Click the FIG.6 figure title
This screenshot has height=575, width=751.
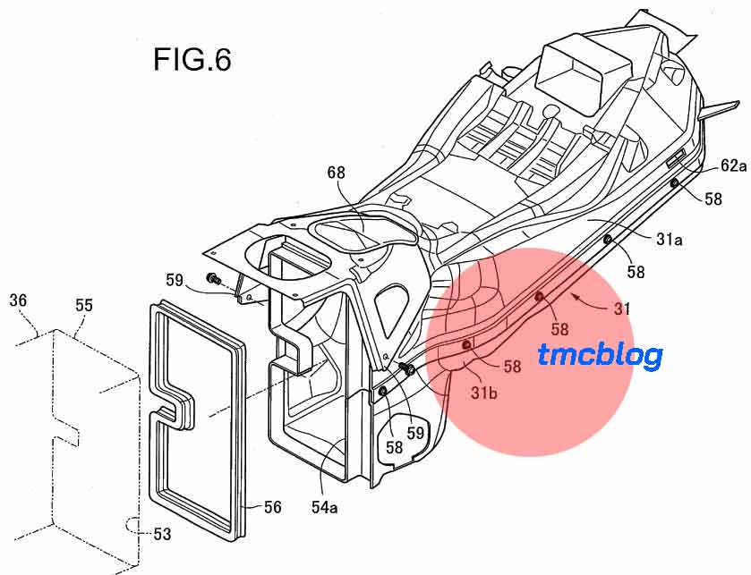coord(192,60)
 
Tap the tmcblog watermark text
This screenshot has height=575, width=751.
coord(600,356)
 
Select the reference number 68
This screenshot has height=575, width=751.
coord(336,173)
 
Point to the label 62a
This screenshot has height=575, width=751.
coord(733,166)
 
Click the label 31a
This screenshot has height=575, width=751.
coord(670,239)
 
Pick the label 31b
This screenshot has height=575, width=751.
coord(483,393)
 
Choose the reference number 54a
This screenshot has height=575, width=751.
coord(324,507)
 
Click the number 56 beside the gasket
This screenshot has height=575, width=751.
coord(272,507)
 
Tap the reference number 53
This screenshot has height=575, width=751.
coord(162,534)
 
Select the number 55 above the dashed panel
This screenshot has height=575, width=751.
coord(84,305)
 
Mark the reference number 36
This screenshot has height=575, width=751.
coord(18,300)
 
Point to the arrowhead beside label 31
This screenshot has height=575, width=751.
coord(577,299)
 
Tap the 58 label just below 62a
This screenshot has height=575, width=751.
coord(713,199)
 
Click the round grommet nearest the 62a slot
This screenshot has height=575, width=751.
coord(675,182)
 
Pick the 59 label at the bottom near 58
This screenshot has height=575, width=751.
coord(415,433)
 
